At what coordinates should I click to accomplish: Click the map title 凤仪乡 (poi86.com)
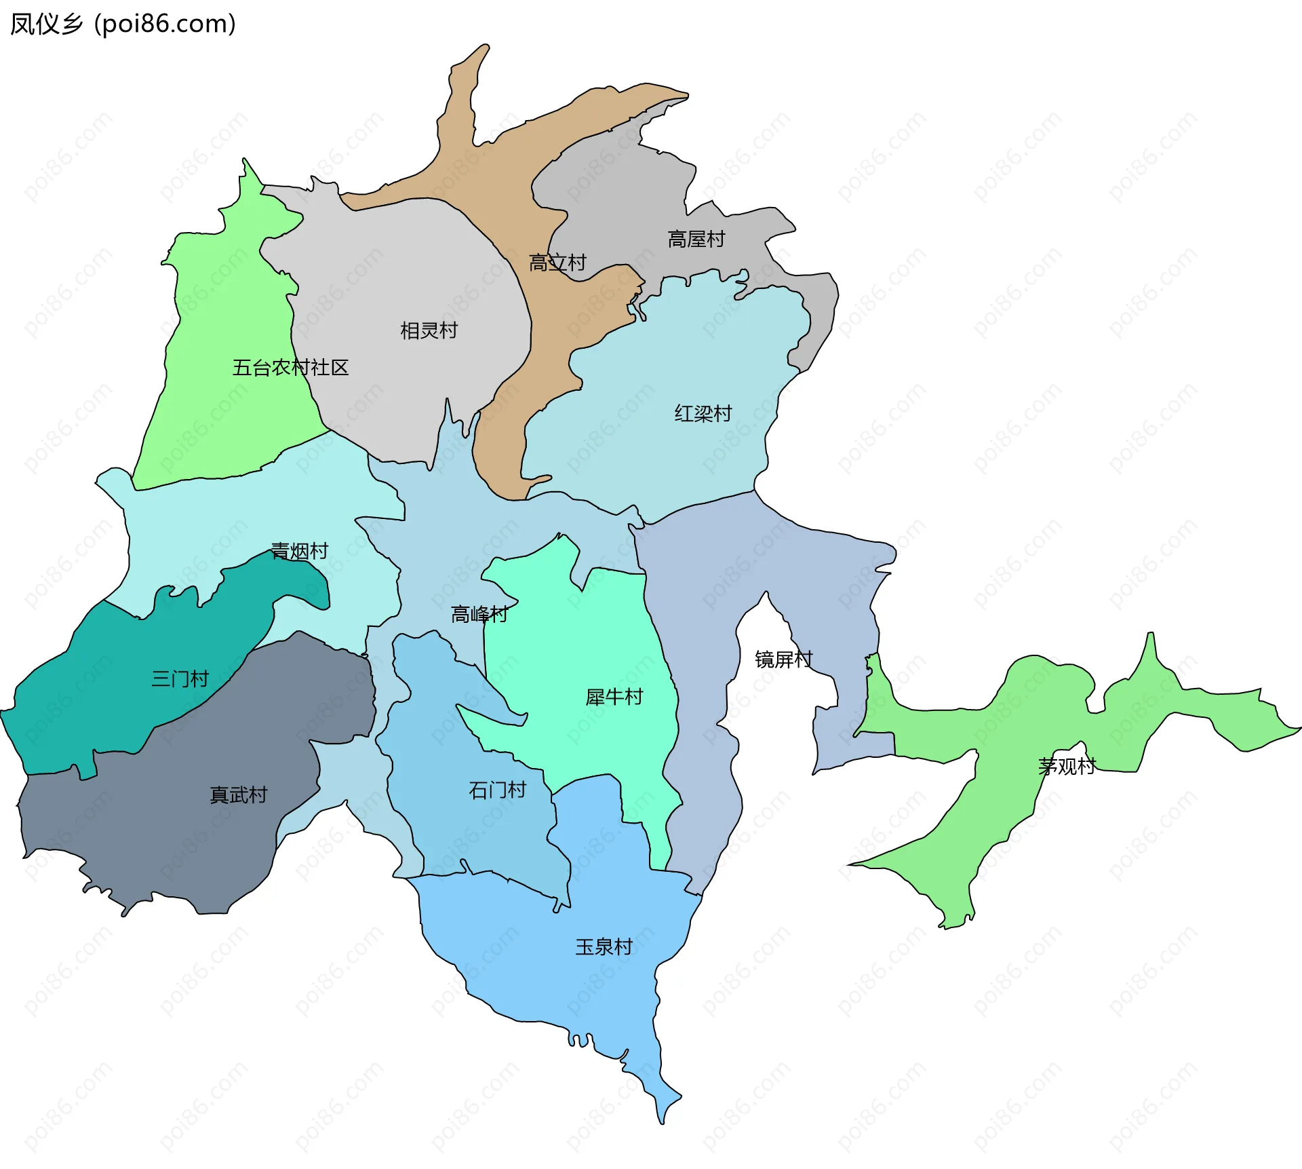[123, 24]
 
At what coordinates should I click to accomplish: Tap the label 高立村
[557, 263]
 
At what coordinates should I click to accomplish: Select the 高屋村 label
[696, 239]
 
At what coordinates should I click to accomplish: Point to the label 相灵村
[429, 331]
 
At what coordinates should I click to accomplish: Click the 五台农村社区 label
[290, 368]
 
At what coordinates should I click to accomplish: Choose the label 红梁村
[703, 413]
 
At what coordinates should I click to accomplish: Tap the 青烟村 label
[300, 551]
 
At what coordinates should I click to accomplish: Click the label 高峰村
[479, 615]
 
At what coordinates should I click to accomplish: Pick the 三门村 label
[180, 679]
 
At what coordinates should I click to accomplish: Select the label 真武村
[239, 795]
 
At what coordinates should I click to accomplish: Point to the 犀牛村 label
[614, 697]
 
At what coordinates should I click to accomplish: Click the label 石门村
[497, 790]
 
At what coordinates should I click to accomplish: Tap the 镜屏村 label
[784, 659]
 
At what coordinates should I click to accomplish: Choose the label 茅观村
[1067, 767]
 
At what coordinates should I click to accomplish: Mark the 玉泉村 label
[604, 947]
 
